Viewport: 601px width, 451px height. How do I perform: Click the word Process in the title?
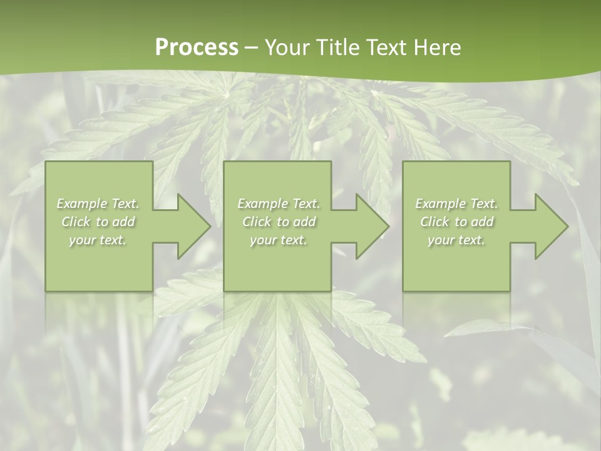click(197, 48)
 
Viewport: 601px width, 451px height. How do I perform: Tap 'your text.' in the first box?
click(98, 240)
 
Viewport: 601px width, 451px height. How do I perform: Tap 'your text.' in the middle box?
click(279, 240)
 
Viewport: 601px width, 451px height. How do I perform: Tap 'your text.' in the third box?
click(456, 240)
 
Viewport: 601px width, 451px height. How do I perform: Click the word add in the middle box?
click(304, 222)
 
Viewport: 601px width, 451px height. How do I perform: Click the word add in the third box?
click(482, 222)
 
